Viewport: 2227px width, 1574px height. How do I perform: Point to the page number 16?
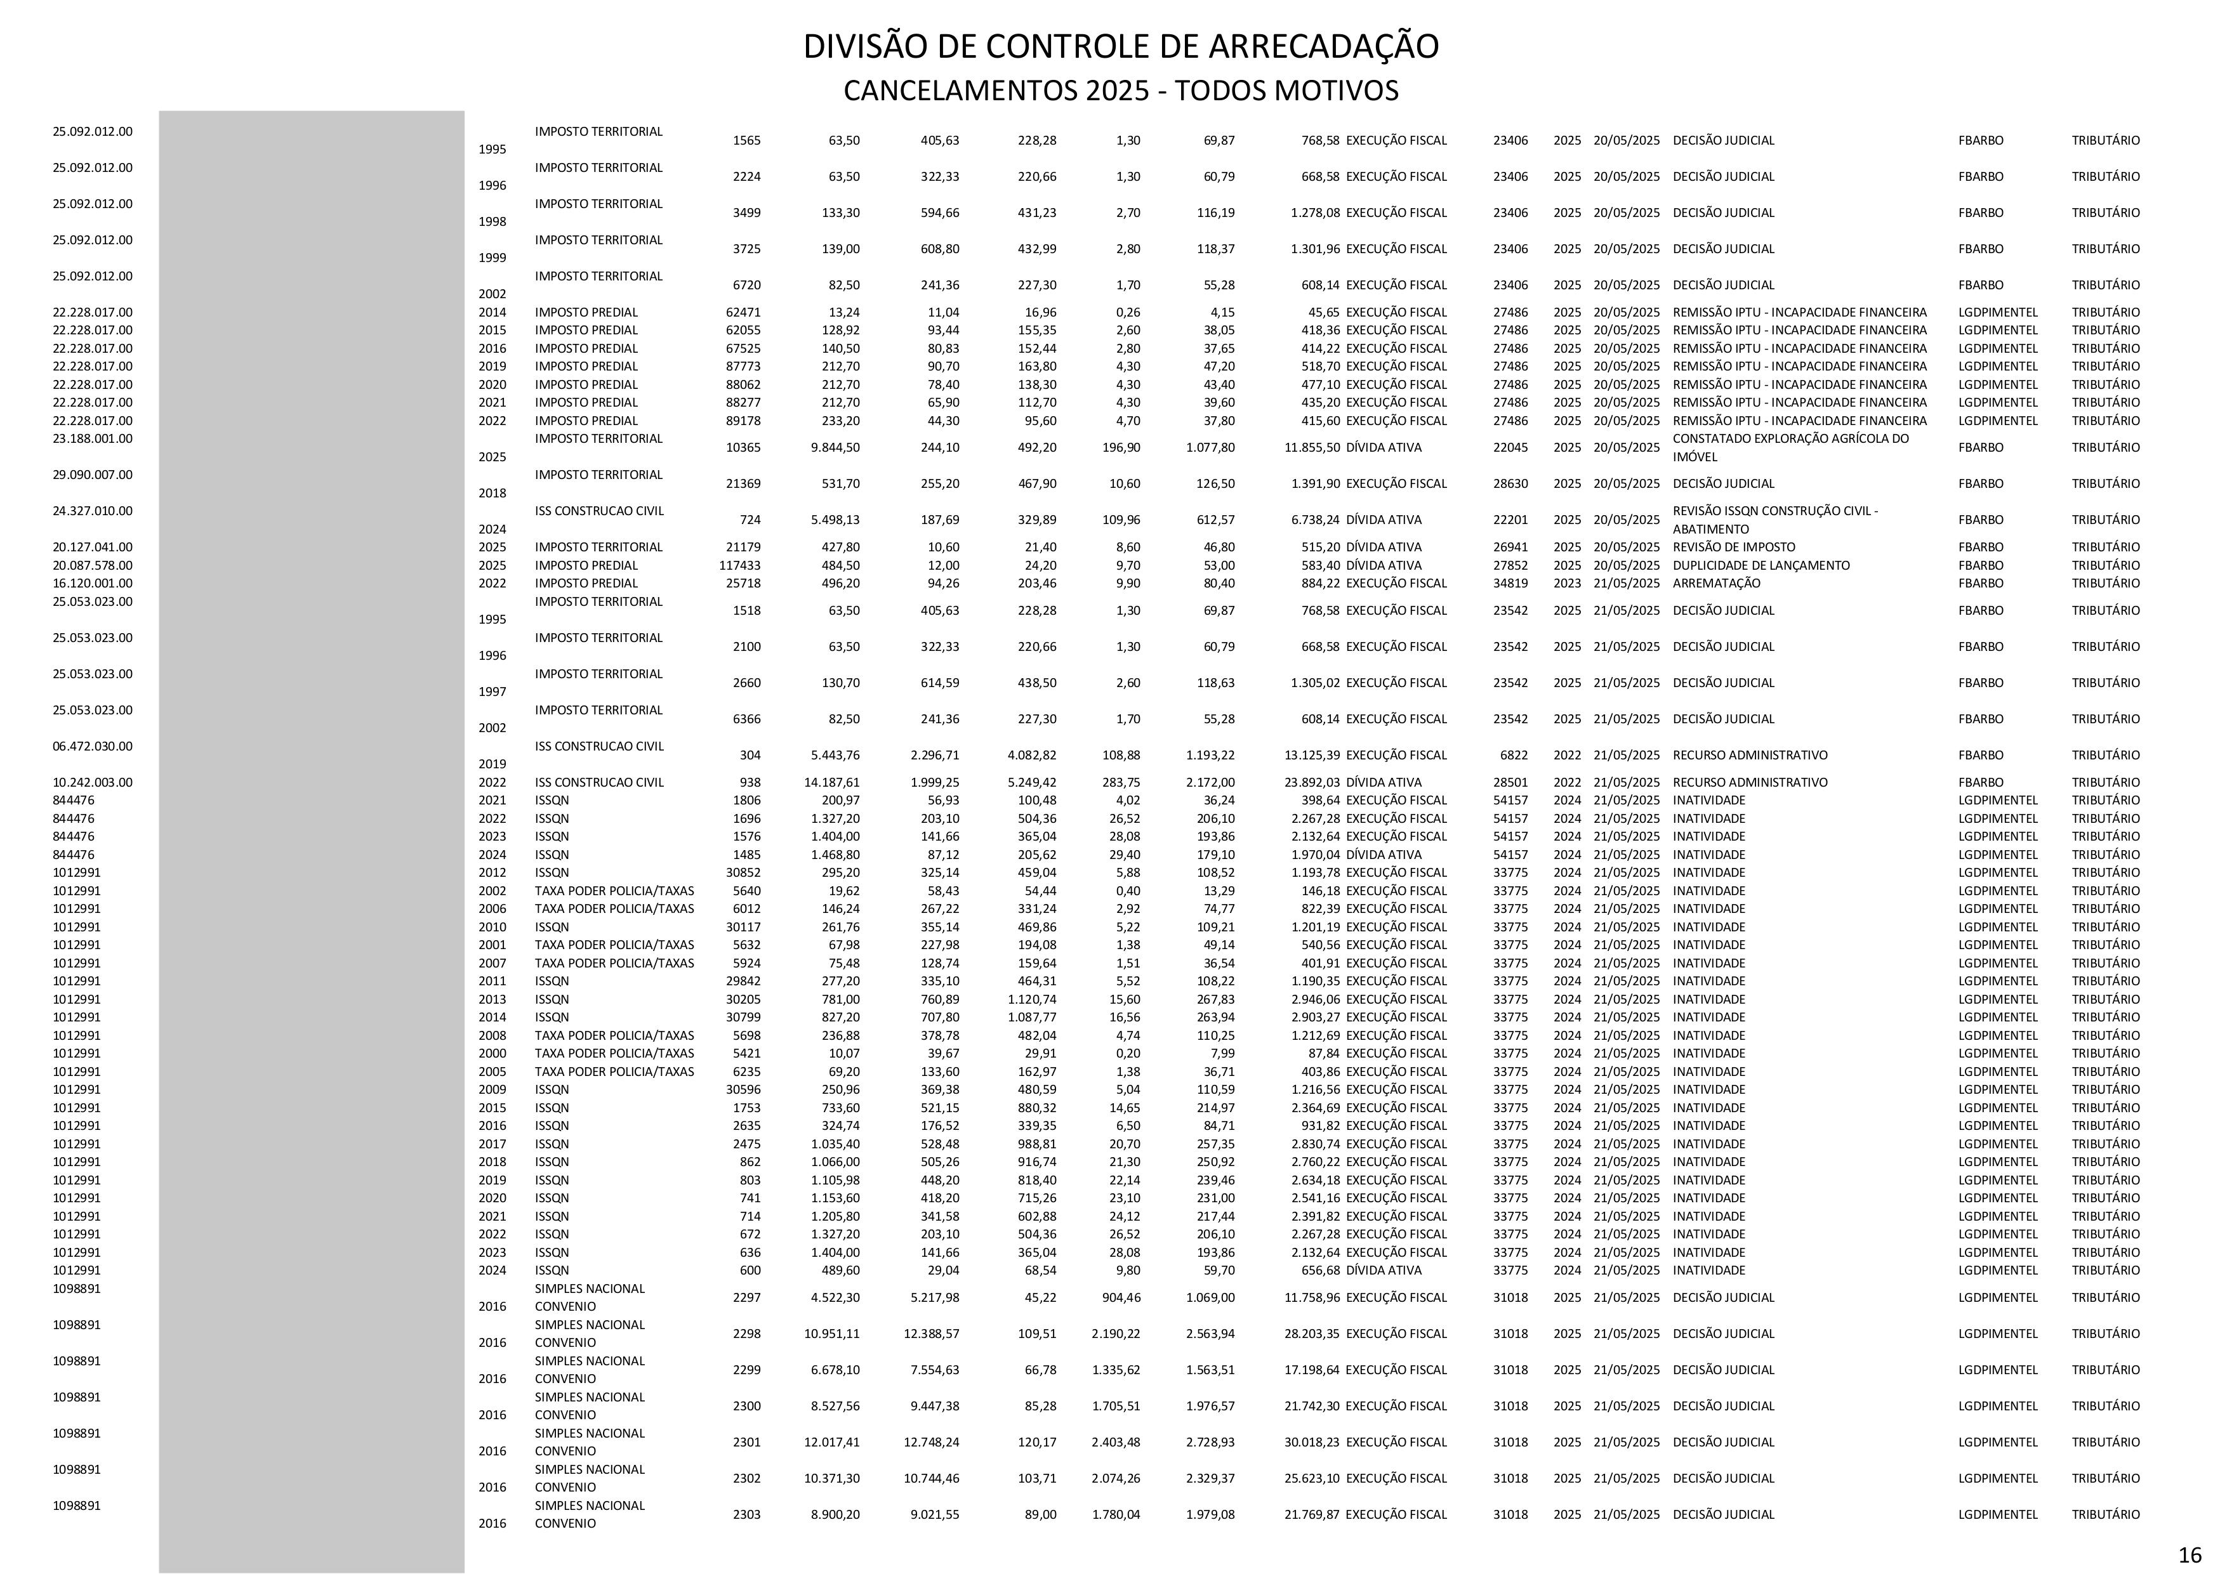2189,1554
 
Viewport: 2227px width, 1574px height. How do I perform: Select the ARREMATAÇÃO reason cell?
1716,584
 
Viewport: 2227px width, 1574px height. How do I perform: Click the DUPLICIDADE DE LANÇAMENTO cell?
1761,565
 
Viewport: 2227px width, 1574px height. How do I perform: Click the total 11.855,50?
1311,448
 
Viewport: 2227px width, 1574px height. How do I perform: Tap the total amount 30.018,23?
1311,1442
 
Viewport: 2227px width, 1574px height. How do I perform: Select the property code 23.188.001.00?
92,438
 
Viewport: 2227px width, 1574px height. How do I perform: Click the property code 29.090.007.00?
92,475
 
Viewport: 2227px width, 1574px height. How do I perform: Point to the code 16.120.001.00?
92,584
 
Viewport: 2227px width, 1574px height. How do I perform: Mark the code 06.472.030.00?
92,747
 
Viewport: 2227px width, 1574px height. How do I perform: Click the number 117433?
739,565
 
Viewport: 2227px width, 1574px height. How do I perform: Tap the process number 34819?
1510,584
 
